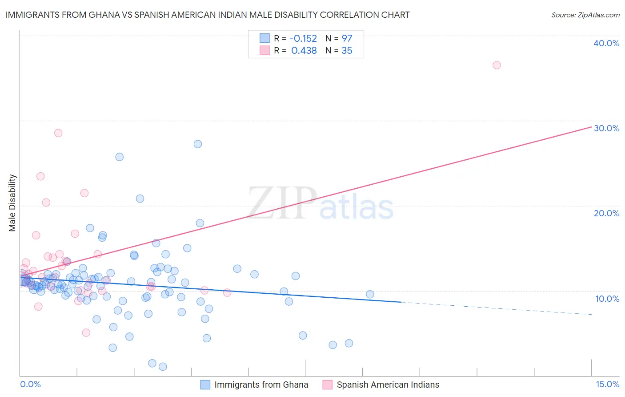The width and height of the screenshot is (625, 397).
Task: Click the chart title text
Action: (x=208, y=15)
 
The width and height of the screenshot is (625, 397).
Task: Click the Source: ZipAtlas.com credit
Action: (x=585, y=15)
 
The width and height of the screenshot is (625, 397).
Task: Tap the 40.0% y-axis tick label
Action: (x=606, y=43)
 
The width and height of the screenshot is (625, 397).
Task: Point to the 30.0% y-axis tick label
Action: (x=606, y=128)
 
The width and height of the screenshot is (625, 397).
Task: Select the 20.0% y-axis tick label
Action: (x=606, y=213)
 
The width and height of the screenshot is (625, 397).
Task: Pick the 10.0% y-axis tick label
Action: (x=607, y=299)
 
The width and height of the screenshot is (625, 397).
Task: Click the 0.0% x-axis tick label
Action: (x=30, y=384)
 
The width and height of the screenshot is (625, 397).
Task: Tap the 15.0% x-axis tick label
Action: (x=607, y=384)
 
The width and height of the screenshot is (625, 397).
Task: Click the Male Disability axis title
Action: (x=12, y=203)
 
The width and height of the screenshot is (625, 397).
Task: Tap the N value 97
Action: (x=347, y=39)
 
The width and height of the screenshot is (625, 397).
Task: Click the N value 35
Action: (x=347, y=51)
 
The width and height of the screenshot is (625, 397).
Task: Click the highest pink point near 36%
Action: (x=497, y=65)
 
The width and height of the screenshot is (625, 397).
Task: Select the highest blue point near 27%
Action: (x=198, y=144)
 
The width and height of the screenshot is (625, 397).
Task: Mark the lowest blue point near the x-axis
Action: (x=163, y=367)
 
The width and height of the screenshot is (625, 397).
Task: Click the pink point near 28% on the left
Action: (x=58, y=133)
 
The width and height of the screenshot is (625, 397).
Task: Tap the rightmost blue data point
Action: (x=370, y=294)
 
